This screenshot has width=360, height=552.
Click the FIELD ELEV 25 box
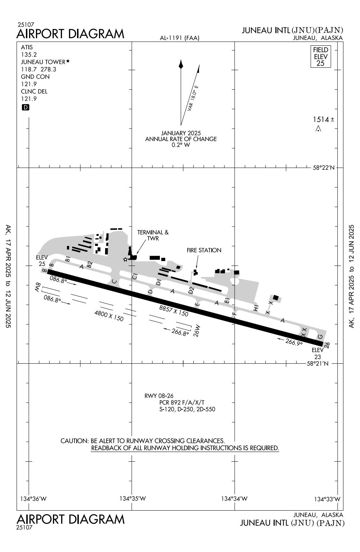point(320,57)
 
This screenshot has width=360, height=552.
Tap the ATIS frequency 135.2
point(29,54)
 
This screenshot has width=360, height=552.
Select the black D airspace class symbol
point(25,107)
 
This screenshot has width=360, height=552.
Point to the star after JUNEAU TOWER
point(68,61)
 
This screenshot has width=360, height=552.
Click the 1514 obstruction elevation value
point(321,120)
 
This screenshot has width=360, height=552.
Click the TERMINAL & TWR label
point(153,235)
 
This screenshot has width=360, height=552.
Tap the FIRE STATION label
point(204,250)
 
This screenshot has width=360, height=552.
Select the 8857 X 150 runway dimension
point(174,311)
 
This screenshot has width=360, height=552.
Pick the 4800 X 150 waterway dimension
point(109,316)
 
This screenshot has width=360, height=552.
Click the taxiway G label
point(320,337)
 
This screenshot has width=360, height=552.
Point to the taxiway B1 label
point(68,259)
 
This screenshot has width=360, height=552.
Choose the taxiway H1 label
point(256,308)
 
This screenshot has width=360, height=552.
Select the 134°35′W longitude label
point(132,498)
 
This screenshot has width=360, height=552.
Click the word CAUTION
point(74,441)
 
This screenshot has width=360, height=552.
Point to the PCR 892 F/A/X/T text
point(182,403)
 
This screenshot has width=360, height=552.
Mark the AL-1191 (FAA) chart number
point(180,38)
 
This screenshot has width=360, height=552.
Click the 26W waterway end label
point(197,331)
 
